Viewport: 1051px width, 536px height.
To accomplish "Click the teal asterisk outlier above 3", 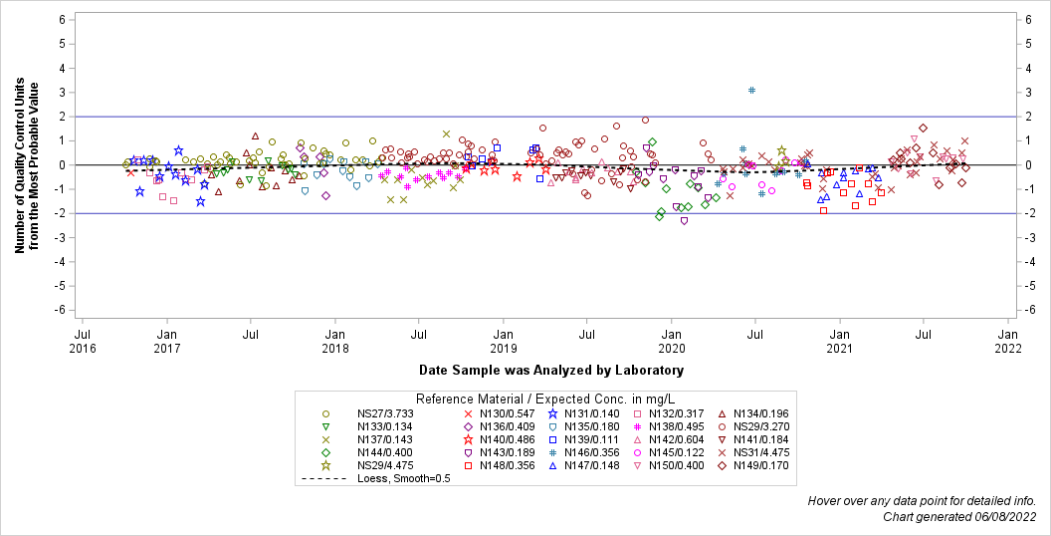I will [x=752, y=91].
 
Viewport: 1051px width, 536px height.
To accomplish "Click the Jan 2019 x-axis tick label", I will [x=504, y=341].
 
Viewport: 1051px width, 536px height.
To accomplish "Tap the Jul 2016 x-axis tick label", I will [x=83, y=341].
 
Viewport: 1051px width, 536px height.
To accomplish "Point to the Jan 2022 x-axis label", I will [x=1008, y=341].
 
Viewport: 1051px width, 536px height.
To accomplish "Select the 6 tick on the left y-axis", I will [x=61, y=20].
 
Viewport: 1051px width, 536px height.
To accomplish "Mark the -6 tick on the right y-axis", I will [x=1035, y=310].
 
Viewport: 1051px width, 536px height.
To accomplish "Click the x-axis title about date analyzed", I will [x=550, y=371].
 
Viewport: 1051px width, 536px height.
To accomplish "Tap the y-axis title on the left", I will [x=27, y=165].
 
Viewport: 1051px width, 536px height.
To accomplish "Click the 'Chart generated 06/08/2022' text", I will [x=959, y=516].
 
